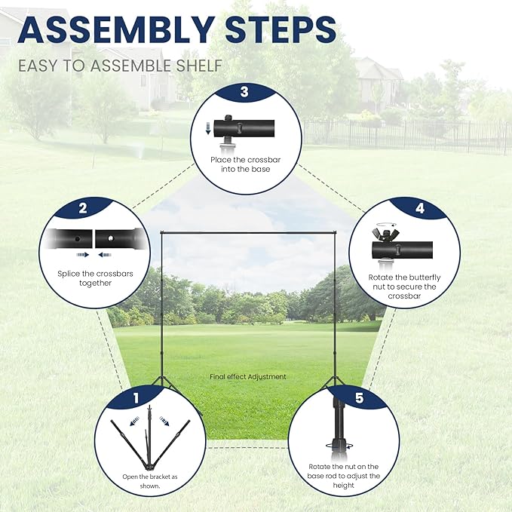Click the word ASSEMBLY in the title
tap(116, 29)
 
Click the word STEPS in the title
tap(281, 29)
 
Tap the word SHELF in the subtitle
tap(199, 66)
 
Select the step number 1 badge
tap(136, 398)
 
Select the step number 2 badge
tap(83, 208)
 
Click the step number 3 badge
tap(244, 92)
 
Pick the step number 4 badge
tap(420, 208)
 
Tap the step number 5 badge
tap(359, 398)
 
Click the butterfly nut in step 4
tap(386, 234)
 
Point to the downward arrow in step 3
tap(207, 128)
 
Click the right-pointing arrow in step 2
tap(83, 255)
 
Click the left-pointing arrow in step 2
tap(105, 255)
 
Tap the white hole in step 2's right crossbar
tap(110, 238)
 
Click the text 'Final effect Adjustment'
tap(248, 376)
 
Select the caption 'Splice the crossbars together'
tap(95, 278)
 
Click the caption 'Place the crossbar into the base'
tap(246, 164)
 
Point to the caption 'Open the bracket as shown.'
tap(150, 481)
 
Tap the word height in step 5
tap(344, 485)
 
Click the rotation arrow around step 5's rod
tap(339, 446)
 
